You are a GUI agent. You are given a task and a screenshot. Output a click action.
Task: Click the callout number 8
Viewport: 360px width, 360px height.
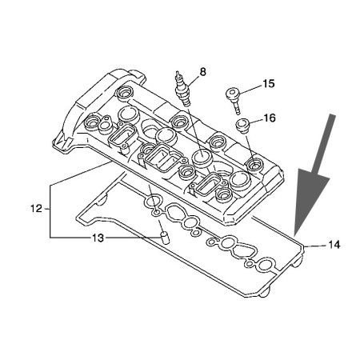point(203,72)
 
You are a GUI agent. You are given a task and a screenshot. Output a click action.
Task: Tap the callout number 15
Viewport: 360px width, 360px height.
point(269,84)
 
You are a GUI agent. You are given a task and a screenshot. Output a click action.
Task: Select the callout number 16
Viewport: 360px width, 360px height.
point(269,118)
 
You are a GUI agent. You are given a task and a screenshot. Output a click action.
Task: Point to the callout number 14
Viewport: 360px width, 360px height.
point(334,244)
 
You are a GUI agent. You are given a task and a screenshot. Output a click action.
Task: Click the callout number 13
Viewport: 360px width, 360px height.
point(98,238)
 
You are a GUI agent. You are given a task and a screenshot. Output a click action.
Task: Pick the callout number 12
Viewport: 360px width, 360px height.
point(36,208)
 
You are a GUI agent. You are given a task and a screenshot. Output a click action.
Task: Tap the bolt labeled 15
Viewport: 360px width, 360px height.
point(234,100)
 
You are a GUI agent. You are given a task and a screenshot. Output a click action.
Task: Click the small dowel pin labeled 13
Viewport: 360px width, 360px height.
point(166,238)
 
